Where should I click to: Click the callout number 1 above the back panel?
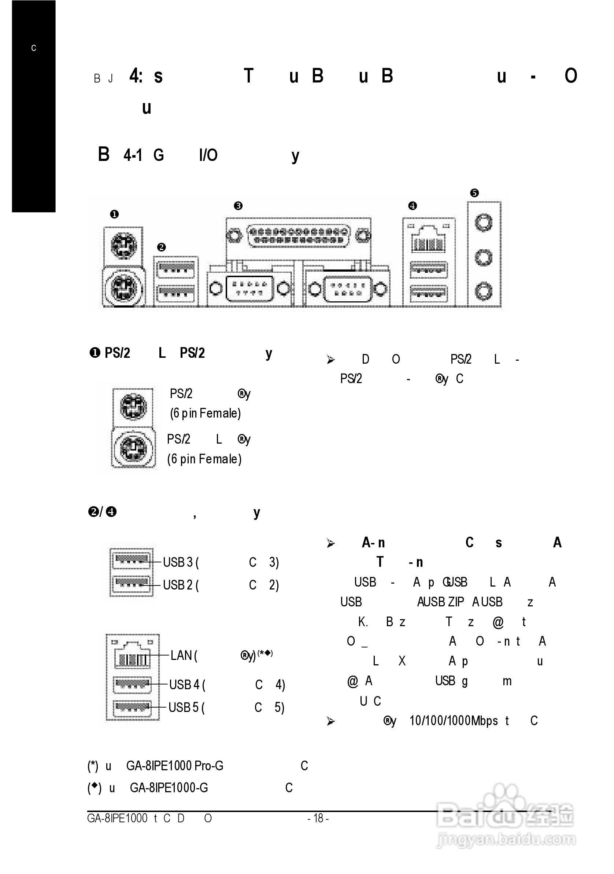[x=114, y=214]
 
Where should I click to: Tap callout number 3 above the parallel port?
[x=238, y=206]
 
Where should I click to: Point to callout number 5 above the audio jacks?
[x=474, y=193]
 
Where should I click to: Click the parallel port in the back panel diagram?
[x=298, y=236]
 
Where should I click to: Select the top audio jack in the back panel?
[x=484, y=222]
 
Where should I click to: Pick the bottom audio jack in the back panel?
[x=484, y=291]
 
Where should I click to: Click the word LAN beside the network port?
[x=181, y=655]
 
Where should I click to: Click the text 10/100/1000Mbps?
[x=454, y=721]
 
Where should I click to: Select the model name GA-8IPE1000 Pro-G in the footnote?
[x=175, y=765]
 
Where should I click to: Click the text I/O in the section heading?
[x=208, y=155]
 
